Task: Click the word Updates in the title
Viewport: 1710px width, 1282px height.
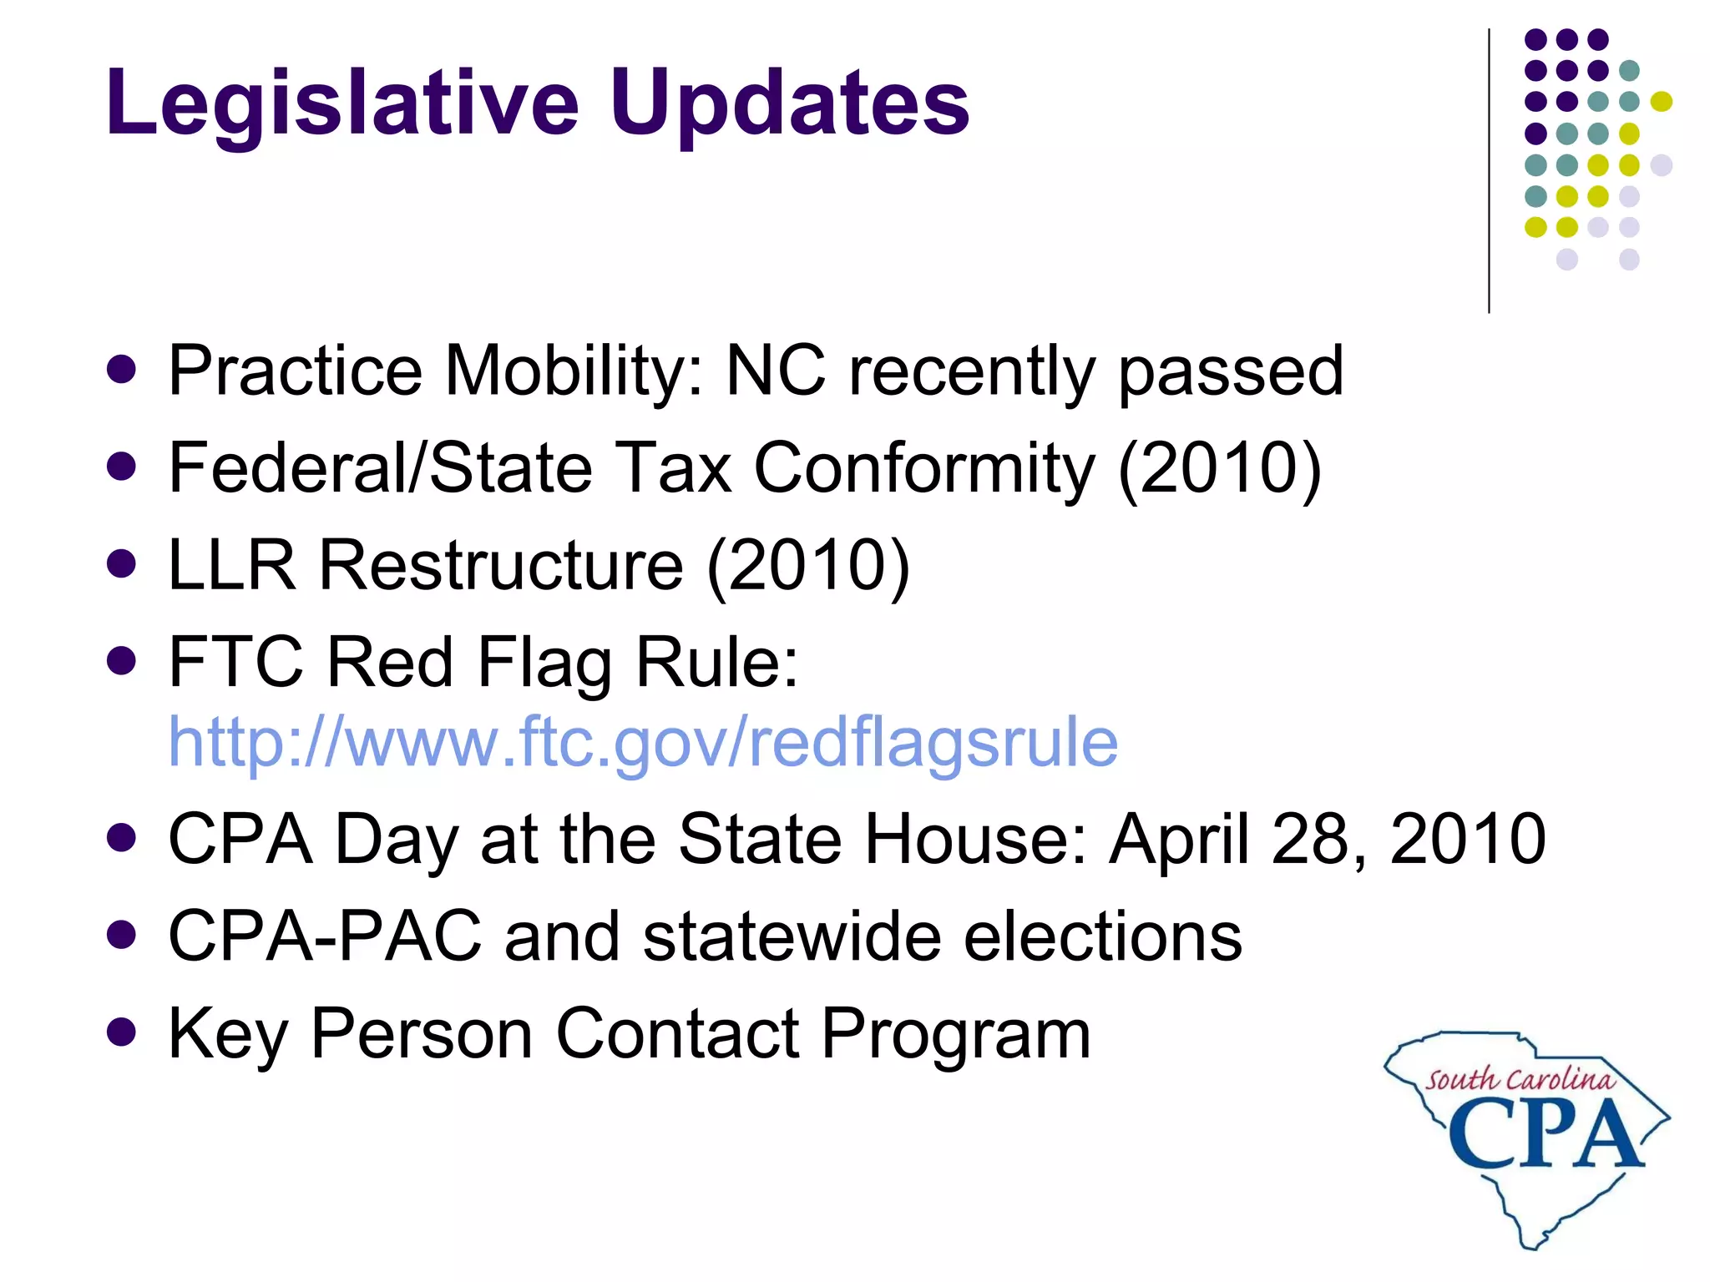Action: (789, 103)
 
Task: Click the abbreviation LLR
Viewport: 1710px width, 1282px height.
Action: (232, 565)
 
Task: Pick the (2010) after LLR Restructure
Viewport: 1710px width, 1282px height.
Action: (808, 566)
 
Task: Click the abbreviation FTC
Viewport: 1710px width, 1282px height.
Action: (235, 662)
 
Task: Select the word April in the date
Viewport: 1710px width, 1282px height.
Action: (1179, 839)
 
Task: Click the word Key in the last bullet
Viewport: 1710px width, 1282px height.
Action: (227, 1034)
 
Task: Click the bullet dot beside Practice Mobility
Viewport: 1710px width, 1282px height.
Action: (122, 370)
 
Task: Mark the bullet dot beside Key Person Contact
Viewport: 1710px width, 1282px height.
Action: (122, 1032)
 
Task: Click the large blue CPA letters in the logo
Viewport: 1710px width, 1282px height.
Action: (1545, 1133)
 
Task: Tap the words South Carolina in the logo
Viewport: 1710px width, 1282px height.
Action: (1520, 1079)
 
